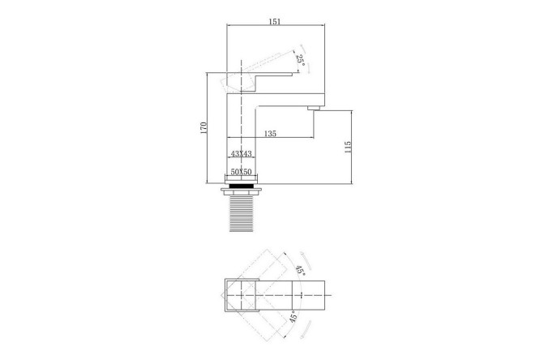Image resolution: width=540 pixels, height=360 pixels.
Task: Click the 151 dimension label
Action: point(275,21)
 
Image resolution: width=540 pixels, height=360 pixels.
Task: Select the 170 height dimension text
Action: point(204,127)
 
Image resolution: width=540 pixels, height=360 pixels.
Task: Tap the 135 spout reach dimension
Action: point(270,134)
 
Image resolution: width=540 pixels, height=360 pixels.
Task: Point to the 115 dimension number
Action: point(348,147)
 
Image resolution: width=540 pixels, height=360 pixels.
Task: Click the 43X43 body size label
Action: point(241,153)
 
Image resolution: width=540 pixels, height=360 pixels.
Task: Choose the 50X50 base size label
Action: point(241,172)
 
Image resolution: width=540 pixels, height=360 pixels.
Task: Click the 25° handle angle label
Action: point(300,61)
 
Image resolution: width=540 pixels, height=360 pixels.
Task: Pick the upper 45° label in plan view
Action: point(300,270)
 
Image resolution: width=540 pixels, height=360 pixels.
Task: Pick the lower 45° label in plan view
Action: point(293,316)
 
